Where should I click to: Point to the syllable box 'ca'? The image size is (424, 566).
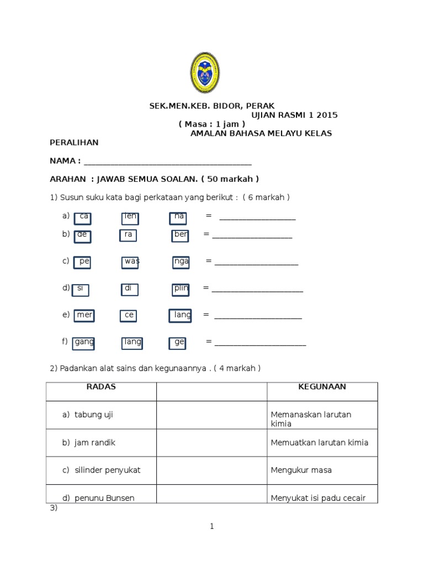[x=83, y=217]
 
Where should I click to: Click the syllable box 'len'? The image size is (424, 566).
[x=130, y=217]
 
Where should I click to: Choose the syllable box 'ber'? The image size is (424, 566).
[x=180, y=235]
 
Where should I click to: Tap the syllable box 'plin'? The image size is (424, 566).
[x=181, y=289]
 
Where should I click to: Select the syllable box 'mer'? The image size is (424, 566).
[x=84, y=315]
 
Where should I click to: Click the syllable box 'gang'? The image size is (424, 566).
[x=84, y=343]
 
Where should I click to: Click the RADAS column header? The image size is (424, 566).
[x=101, y=387]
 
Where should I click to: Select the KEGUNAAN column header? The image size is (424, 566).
[x=322, y=387]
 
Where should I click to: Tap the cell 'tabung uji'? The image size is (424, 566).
[x=94, y=415]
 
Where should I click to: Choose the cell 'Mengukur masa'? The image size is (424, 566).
[x=301, y=470]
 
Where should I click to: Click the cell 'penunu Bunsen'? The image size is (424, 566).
[x=104, y=498]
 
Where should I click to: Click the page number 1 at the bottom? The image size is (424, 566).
[x=211, y=527]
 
